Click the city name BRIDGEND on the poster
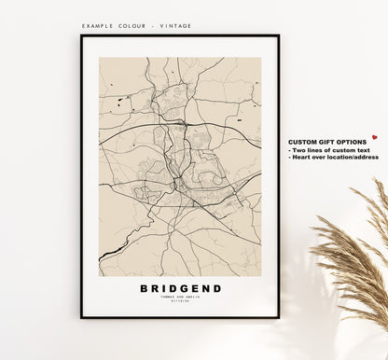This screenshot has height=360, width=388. coord(181,288)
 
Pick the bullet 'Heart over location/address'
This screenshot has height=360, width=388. coord(335,158)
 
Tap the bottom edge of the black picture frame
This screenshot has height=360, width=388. coord(180,316)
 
